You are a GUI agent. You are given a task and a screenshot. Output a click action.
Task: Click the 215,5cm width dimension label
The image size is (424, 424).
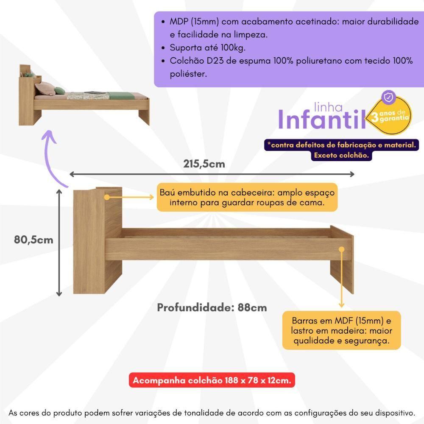point(204,164)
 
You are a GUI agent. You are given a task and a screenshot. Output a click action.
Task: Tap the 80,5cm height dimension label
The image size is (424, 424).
point(34,240)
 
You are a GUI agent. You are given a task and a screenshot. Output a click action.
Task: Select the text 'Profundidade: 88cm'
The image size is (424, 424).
point(212,307)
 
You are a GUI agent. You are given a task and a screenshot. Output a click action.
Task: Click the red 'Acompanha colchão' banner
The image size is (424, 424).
point(212,380)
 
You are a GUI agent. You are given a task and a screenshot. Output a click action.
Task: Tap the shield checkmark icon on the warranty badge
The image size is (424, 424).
point(388,98)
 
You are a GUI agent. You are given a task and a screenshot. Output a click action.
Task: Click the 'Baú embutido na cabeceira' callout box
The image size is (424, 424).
point(247,197)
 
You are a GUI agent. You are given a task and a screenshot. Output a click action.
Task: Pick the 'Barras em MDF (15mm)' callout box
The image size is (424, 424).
point(342,330)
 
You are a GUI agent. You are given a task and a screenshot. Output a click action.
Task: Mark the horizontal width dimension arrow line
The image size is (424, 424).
point(212,174)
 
